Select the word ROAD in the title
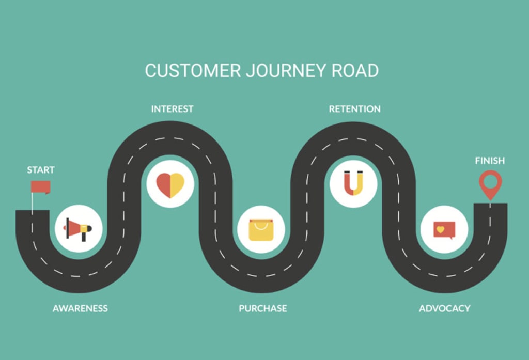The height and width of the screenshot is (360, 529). [355, 71]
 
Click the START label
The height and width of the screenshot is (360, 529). [41, 170]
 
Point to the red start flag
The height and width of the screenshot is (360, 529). [40, 186]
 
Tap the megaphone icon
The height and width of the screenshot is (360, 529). [78, 229]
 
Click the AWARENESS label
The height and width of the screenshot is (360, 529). [80, 308]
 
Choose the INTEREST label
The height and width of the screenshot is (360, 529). [172, 109]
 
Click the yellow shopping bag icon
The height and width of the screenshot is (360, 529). [261, 230]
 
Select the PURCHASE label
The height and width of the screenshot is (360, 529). [262, 308]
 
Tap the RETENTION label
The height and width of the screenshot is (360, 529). [354, 109]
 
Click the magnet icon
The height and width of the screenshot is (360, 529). [353, 183]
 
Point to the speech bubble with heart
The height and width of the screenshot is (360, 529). [444, 230]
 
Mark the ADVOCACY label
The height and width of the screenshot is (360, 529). [444, 308]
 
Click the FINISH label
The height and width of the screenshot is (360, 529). [490, 161]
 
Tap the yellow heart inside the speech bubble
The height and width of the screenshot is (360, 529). [440, 229]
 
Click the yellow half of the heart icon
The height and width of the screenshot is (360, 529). [177, 184]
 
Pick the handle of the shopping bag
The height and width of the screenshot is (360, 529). [261, 223]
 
